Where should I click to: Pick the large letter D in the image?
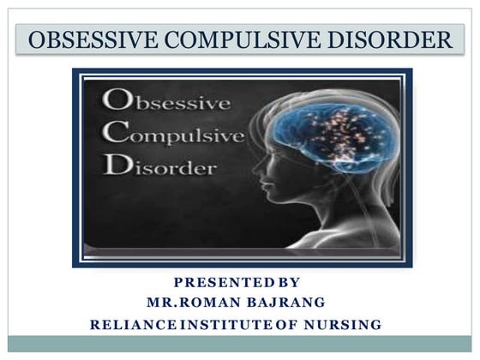point(117,164)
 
